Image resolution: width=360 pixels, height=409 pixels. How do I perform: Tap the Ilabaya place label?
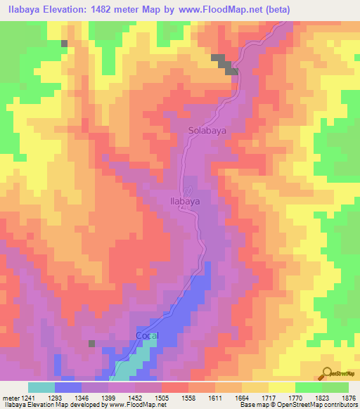(186, 200)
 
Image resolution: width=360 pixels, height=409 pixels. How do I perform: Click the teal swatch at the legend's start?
(41, 387)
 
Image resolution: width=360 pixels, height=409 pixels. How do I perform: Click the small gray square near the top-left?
(64, 44)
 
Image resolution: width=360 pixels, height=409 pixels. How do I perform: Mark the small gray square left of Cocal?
(91, 343)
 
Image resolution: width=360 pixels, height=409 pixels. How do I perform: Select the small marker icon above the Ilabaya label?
(188, 190)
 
